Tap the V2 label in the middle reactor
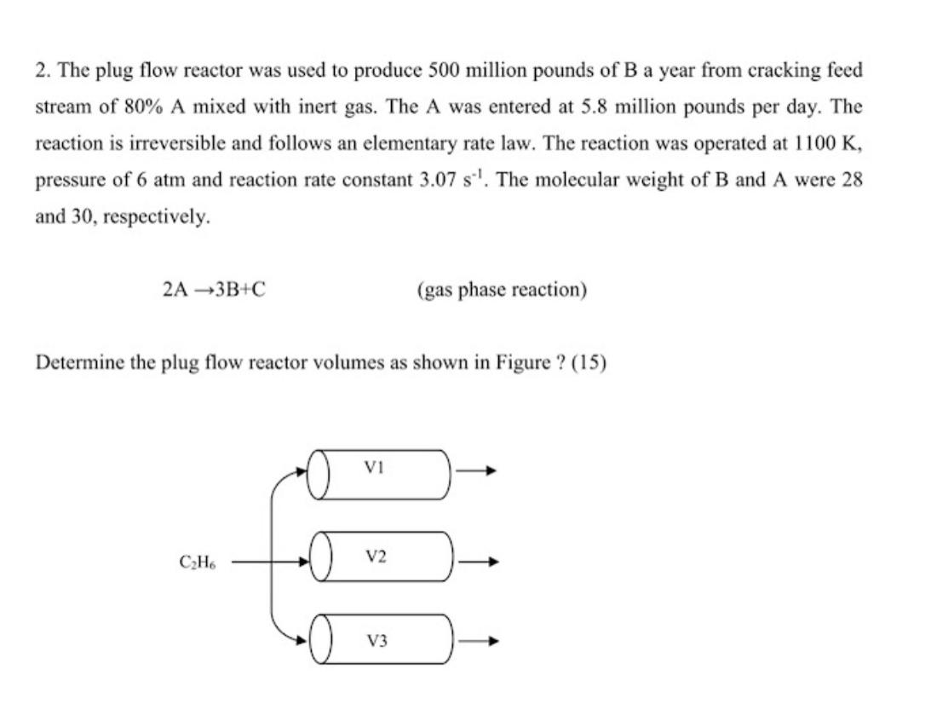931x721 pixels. pyautogui.click(x=376, y=557)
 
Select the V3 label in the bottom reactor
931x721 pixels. pyautogui.click(x=376, y=640)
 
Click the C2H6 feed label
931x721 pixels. pyautogui.click(x=197, y=562)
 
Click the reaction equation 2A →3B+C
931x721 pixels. pyautogui.click(x=213, y=290)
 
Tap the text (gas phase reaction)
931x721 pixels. pyautogui.click(x=502, y=290)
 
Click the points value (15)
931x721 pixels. pyautogui.click(x=588, y=363)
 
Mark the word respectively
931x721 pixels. pyautogui.click(x=155, y=217)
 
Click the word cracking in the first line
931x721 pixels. pyautogui.click(x=780, y=71)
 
